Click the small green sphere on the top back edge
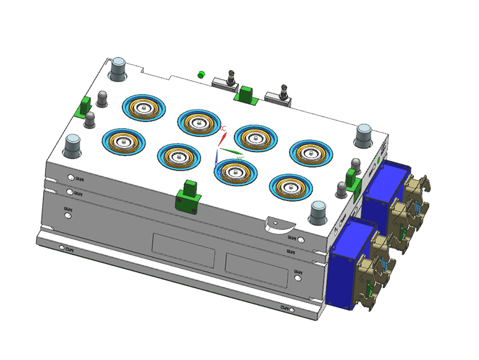201,75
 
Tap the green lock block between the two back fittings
245,93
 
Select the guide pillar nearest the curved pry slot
317,212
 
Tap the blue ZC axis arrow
216,158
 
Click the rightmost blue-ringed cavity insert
311,152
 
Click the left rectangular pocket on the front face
182,250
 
